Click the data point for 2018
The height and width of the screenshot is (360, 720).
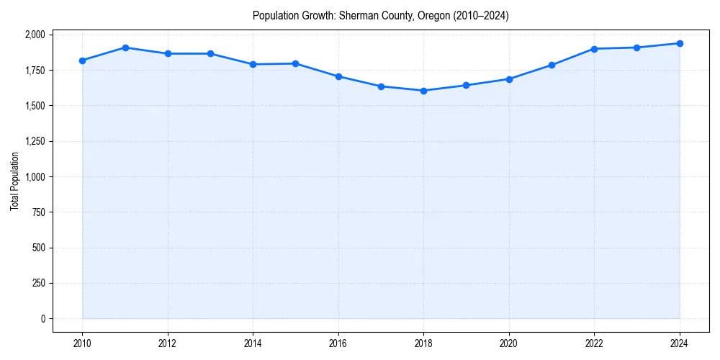coord(423,91)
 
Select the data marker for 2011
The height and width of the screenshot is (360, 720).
coord(125,48)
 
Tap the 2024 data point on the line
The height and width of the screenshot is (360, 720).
coord(680,43)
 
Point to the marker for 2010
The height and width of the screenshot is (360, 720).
coord(82,60)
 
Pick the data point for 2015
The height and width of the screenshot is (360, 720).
coord(296,63)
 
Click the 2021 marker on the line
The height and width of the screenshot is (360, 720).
coord(552,65)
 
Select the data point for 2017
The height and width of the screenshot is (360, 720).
coord(381,86)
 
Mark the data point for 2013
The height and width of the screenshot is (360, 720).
coord(210,53)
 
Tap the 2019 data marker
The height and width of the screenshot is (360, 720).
coord(466,85)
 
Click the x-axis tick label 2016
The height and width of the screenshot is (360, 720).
coord(338,343)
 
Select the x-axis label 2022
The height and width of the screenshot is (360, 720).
coord(594,343)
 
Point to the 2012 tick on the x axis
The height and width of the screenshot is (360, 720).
coord(168,343)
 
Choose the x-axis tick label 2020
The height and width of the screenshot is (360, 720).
coord(509,343)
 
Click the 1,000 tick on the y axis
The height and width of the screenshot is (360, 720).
coord(34,177)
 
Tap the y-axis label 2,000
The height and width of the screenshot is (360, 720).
coord(34,35)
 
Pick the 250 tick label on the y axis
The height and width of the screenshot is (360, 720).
coord(37,284)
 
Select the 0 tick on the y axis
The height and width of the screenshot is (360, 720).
coord(42,319)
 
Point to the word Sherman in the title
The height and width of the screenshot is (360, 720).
coord(357,16)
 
